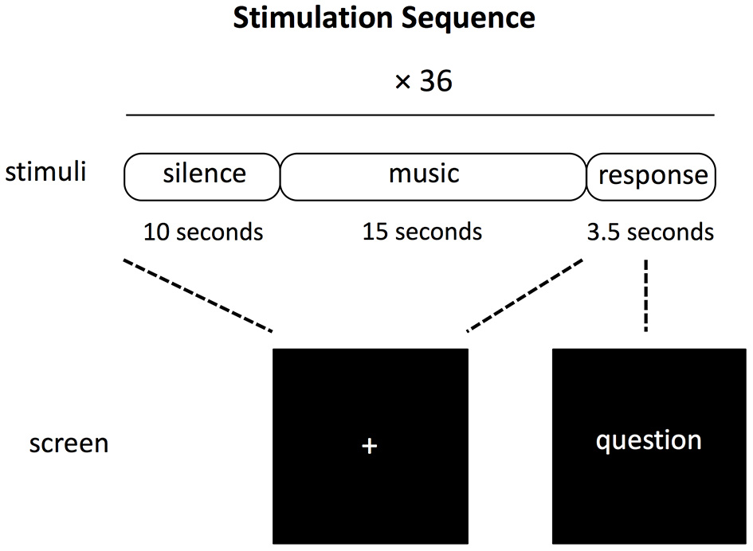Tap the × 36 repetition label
423,80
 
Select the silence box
203,175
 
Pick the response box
652,176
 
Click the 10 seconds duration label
203,232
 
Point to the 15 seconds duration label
422,232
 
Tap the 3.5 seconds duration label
649,232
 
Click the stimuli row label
45,172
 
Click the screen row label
69,443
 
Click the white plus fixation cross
369,447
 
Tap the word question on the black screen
649,440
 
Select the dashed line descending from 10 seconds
199,295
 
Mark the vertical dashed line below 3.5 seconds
645,295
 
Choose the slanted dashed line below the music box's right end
526,295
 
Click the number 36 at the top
435,80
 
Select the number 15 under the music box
375,232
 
